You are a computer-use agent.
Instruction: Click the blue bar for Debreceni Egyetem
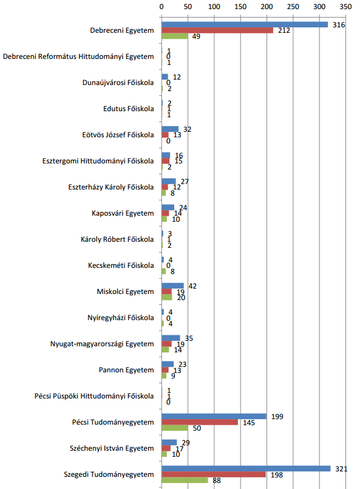click(x=245, y=25)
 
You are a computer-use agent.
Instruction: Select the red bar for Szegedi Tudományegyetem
click(x=214, y=474)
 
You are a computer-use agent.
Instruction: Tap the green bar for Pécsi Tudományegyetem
click(x=175, y=428)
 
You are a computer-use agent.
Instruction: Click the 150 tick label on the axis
click(x=240, y=7)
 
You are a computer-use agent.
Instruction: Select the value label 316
click(x=339, y=25)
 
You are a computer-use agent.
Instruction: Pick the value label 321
click(x=341, y=469)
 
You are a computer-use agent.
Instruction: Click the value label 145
click(x=249, y=423)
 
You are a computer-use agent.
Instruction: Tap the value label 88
click(x=217, y=480)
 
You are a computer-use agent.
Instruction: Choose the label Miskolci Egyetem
click(x=125, y=292)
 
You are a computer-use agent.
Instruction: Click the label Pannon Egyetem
click(x=126, y=370)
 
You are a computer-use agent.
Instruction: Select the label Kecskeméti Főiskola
click(x=121, y=265)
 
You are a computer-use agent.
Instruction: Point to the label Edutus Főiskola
click(x=129, y=109)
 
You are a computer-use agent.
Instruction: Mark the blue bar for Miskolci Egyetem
click(x=172, y=286)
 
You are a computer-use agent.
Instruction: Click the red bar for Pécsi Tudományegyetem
click(x=200, y=422)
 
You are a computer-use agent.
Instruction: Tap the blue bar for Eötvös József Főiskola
click(x=170, y=129)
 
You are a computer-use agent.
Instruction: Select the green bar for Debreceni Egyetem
click(x=175, y=36)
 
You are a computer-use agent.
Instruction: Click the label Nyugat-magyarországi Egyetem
click(x=102, y=344)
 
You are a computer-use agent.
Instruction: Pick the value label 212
click(x=284, y=30)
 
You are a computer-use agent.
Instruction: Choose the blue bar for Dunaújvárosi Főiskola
click(x=165, y=77)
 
